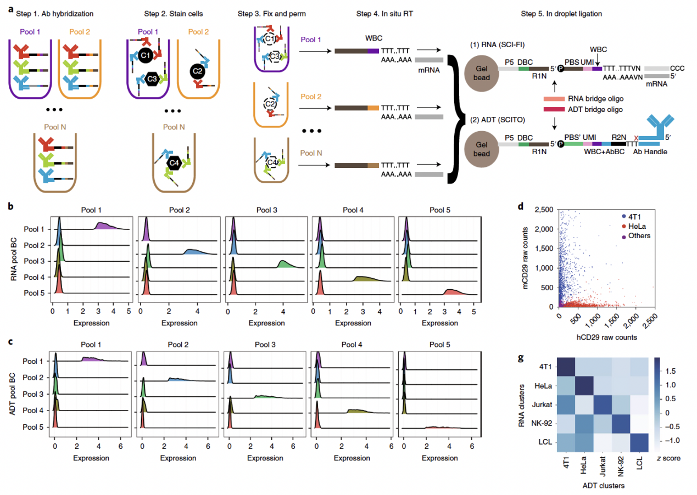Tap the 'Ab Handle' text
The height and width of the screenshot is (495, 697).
pos(650,151)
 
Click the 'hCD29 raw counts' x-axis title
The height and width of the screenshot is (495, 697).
pos(604,337)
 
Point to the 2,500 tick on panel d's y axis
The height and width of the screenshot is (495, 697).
pos(543,210)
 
